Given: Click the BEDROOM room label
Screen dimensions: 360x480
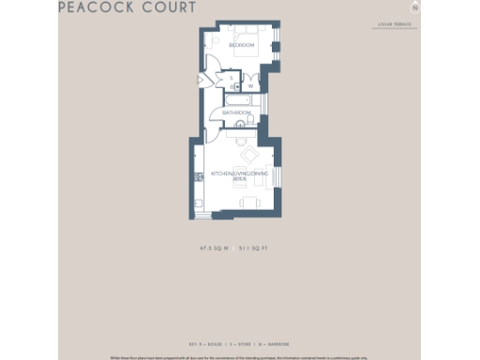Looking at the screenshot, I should (243, 44).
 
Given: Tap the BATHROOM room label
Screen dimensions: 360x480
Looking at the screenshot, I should (236, 112).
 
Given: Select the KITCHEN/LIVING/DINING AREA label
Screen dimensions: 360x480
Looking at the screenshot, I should (239, 174).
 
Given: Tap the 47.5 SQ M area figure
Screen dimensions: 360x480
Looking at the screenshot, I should (211, 248).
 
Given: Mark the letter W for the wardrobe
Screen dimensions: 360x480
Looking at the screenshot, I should (250, 85).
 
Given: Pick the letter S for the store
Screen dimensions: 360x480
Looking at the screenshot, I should (231, 79).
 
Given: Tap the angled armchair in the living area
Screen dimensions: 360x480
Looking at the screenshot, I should (249, 156).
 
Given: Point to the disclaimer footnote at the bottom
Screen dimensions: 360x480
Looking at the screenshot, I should (240, 357).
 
